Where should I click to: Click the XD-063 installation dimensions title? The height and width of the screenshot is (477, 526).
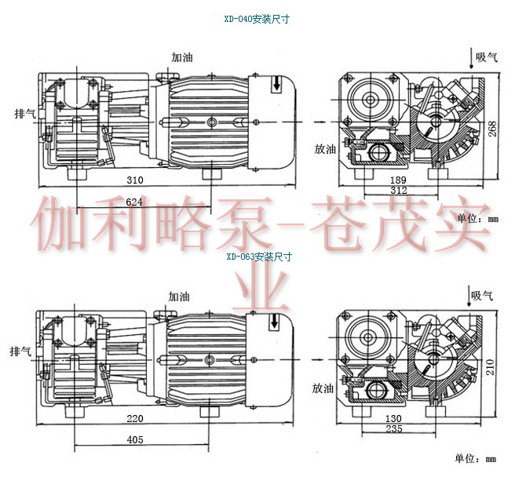pos(258,256)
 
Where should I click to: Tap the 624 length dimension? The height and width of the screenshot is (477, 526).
pos(134,202)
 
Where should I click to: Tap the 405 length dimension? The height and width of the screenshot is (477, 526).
pos(134,440)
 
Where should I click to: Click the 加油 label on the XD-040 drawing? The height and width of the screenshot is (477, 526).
pos(184,57)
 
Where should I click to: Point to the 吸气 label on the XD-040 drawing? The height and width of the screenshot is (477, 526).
pos(487,57)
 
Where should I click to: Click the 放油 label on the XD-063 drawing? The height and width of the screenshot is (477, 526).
pos(323,388)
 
